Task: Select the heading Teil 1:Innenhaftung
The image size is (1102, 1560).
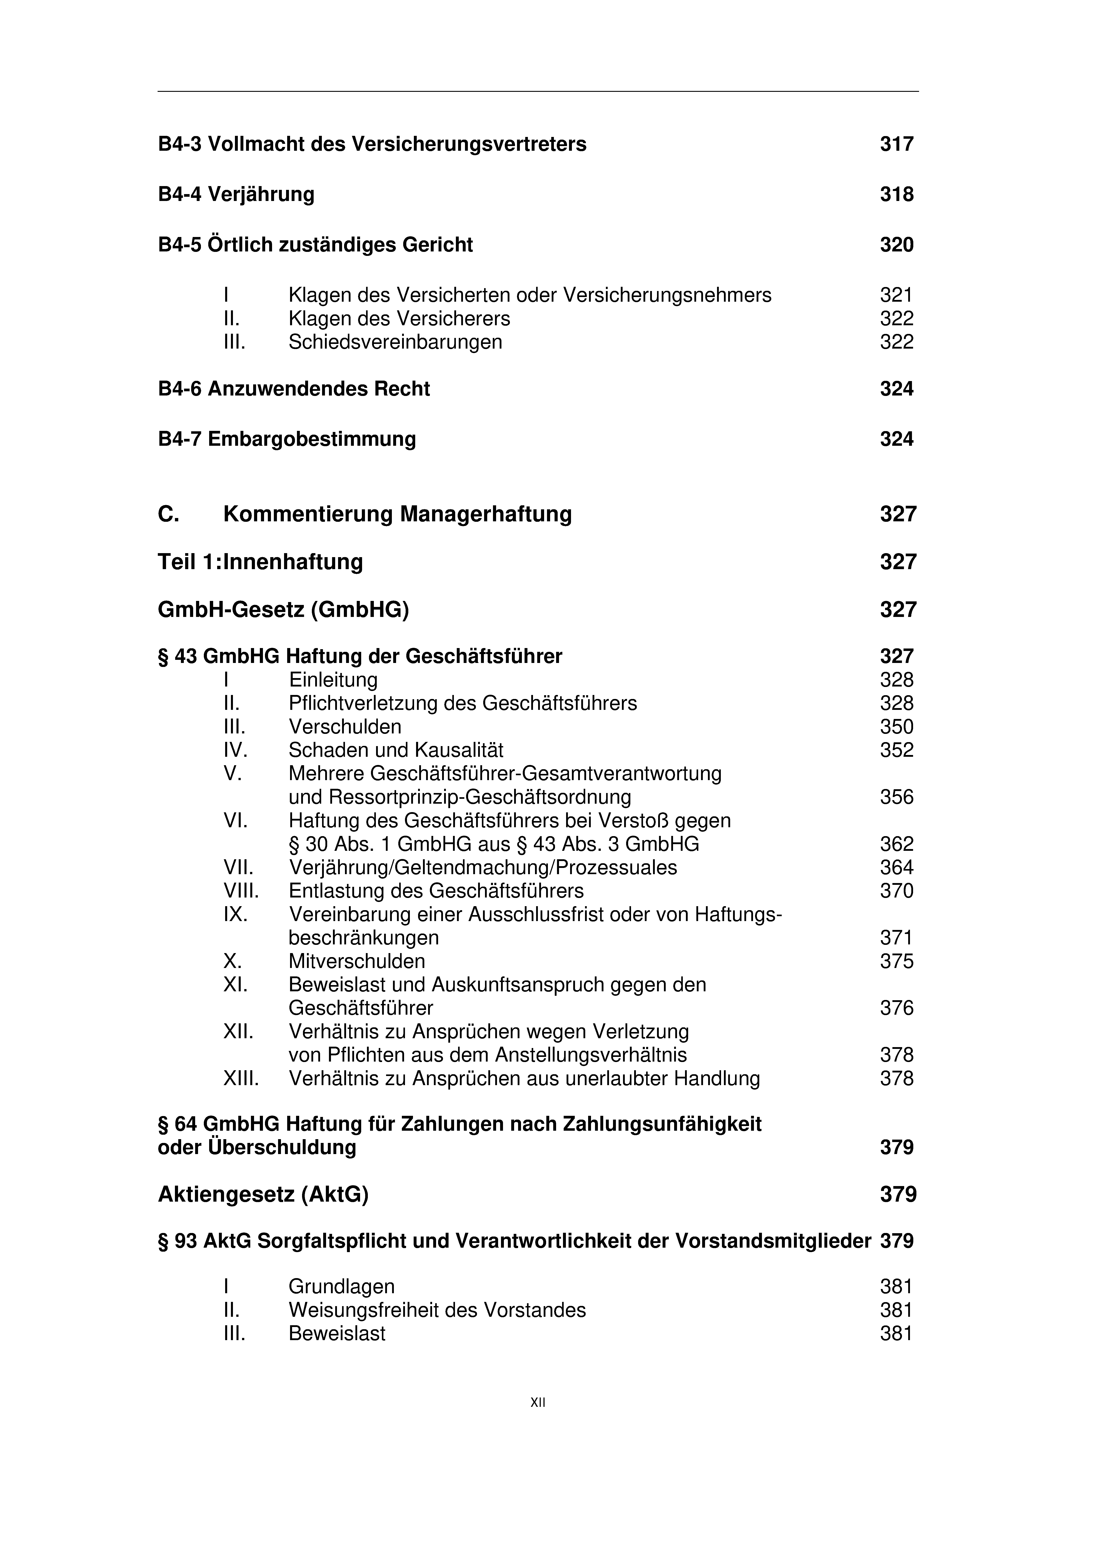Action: (x=260, y=562)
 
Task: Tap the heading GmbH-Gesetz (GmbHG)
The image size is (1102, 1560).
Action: (x=283, y=609)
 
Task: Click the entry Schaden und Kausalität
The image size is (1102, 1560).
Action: (x=396, y=750)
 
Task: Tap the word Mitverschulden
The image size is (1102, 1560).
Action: (x=357, y=962)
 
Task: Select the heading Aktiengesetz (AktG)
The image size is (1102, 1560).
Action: (x=263, y=1195)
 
